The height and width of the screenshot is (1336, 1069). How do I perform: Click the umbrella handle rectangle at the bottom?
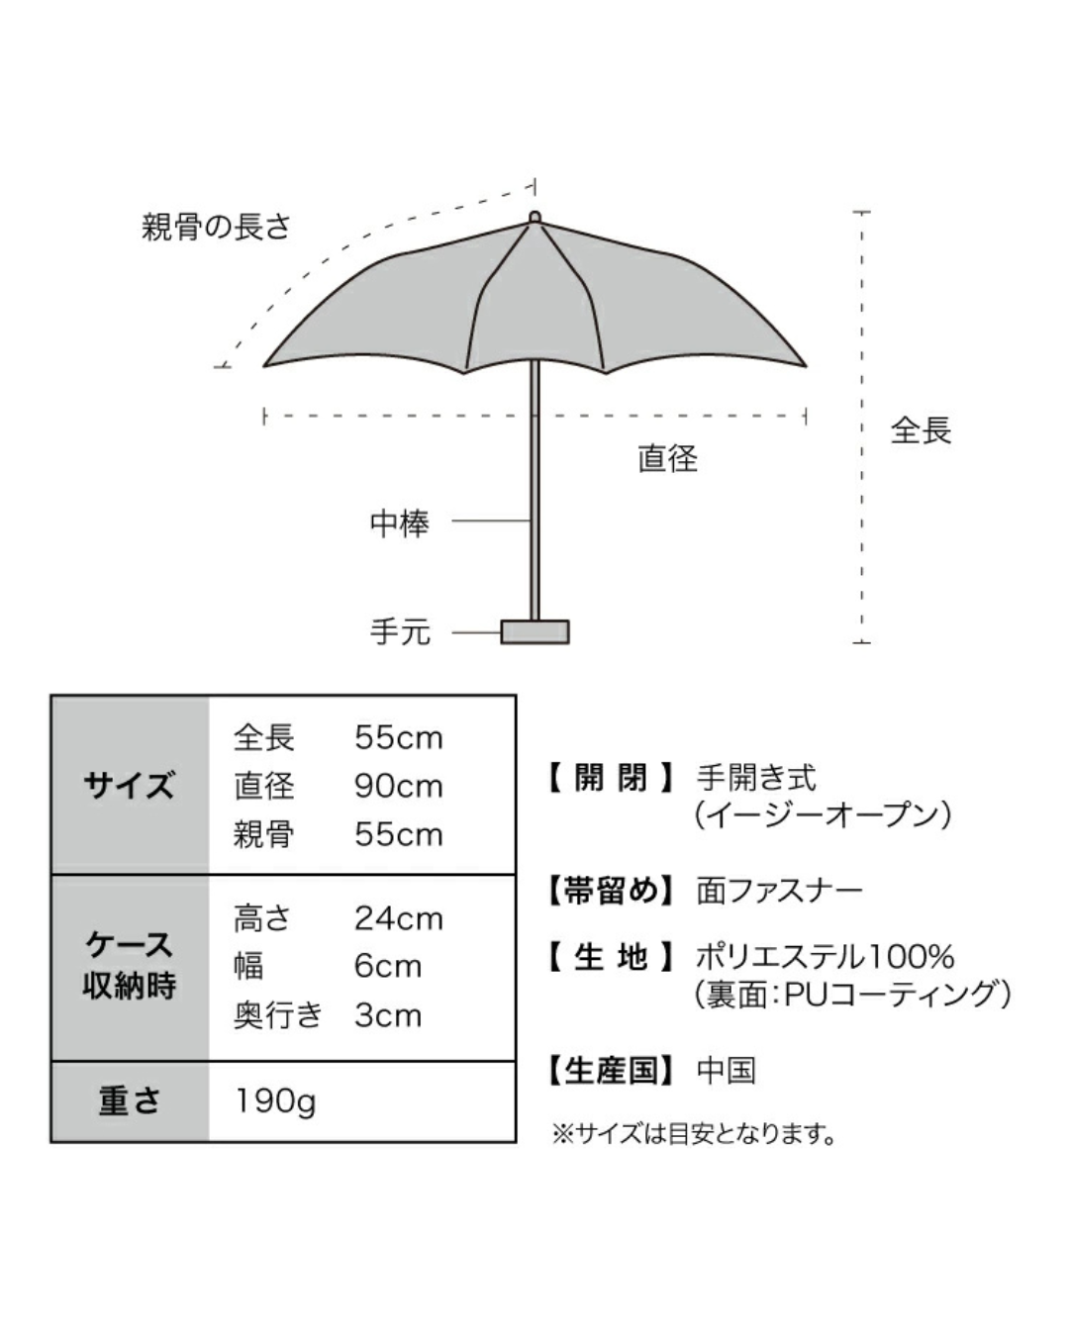[x=534, y=631]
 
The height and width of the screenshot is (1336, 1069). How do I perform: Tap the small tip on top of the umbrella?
[x=534, y=217]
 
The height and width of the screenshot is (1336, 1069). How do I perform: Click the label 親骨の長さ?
[x=216, y=227]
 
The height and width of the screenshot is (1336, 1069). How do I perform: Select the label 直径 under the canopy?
[x=668, y=459]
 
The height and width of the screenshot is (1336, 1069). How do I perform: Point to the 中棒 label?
[x=400, y=524]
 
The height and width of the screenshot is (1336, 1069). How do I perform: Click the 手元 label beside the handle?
[x=400, y=632]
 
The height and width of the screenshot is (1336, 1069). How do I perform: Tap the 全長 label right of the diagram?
[x=921, y=430]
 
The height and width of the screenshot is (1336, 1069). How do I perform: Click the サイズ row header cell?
[x=130, y=786]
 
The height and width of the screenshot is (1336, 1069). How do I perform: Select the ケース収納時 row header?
[x=130, y=967]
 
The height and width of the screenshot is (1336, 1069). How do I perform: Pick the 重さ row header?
[x=130, y=1101]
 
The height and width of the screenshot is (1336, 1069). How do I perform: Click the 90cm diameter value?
[x=399, y=787]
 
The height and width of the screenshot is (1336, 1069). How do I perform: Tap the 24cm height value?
[x=399, y=918]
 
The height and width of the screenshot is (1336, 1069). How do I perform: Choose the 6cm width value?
[x=388, y=967]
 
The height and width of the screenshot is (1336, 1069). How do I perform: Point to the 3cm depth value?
[x=388, y=1015]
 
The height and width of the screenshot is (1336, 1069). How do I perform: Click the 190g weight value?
[x=276, y=1102]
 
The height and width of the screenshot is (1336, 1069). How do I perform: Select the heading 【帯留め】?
[x=611, y=891]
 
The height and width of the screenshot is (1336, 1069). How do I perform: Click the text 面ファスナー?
[x=780, y=891]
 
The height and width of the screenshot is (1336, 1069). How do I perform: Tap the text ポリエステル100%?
[x=825, y=957]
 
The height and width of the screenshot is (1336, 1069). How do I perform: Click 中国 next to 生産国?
[x=727, y=1071]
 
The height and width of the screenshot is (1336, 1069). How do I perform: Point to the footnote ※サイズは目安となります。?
[x=693, y=1134]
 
